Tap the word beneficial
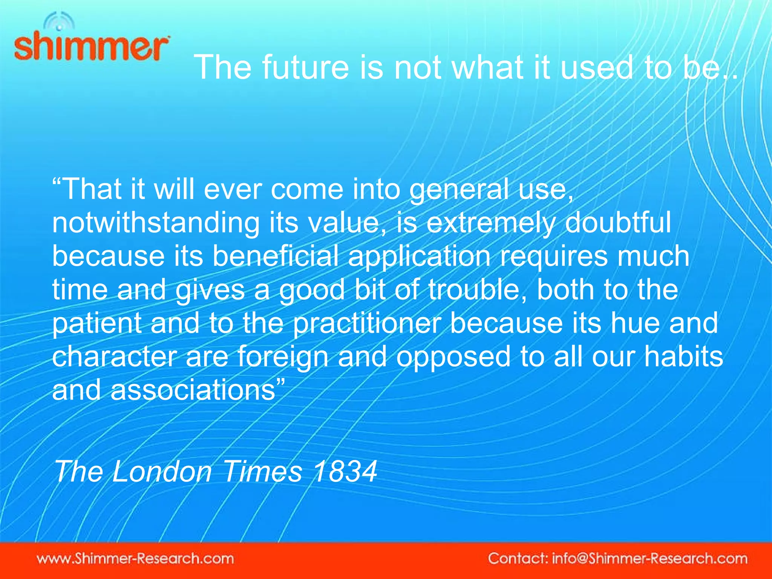[275, 256]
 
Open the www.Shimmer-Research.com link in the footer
[135, 558]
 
